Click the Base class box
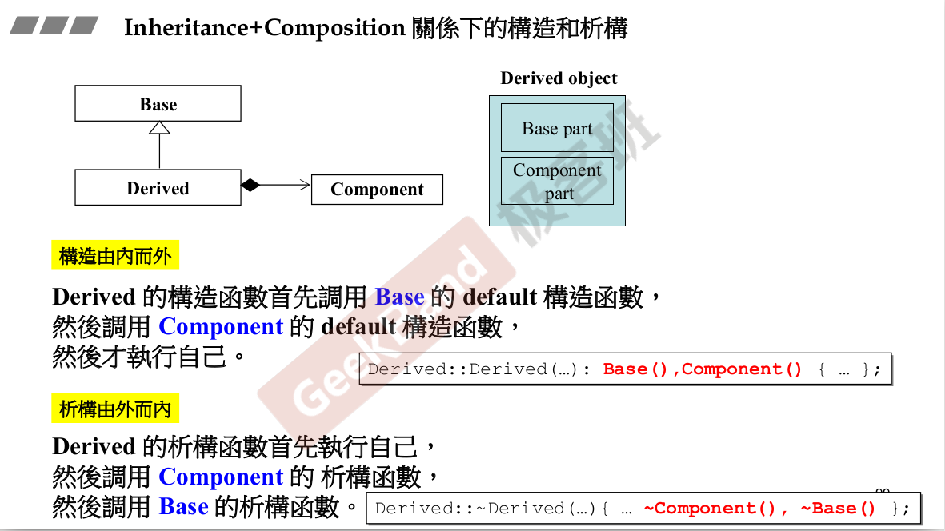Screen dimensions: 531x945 158,104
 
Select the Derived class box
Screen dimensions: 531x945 158,188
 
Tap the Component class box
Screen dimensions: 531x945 377,190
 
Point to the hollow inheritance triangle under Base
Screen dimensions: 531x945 160,127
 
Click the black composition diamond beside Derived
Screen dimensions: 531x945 251,186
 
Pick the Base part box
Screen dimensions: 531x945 557,128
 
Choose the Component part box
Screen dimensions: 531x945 557,181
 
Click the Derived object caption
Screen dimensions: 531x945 559,78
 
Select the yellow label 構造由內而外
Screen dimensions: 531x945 115,257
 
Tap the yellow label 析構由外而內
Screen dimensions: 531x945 115,409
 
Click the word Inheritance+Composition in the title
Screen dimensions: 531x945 265,29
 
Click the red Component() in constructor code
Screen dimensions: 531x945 742,369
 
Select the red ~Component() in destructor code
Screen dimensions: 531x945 709,509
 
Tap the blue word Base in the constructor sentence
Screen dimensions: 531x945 399,297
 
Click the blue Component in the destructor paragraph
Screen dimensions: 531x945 221,477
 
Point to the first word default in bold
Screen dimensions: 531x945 500,297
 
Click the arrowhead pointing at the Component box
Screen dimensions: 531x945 305,186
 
